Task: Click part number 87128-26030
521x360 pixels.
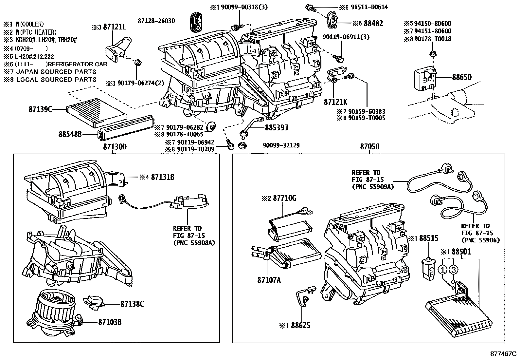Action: tap(156, 21)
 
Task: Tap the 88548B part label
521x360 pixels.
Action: tap(70, 134)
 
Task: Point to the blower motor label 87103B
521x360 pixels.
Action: tap(110, 322)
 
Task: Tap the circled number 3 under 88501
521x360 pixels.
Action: tap(453, 270)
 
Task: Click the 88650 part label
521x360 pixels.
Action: tap(462, 77)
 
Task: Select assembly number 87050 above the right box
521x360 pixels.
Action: tap(370, 147)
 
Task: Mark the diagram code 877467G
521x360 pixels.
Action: tap(503, 354)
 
